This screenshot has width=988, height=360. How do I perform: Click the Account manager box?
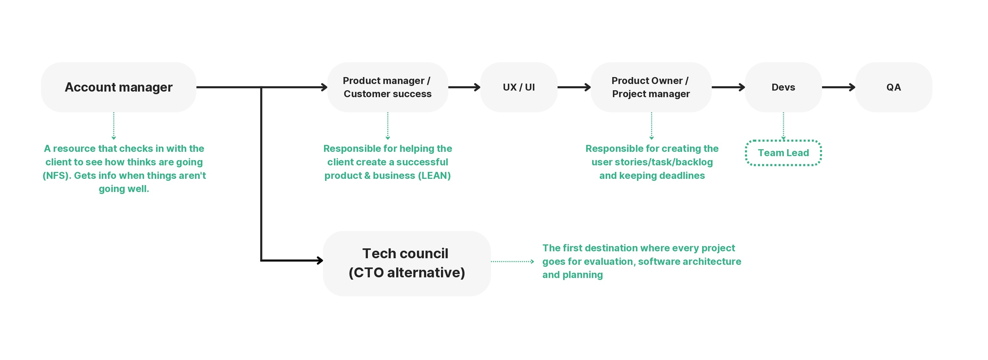(119, 87)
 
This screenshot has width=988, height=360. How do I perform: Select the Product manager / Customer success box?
(387, 87)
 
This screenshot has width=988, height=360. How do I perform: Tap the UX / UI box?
(519, 87)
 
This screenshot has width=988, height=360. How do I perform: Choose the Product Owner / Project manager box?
(651, 87)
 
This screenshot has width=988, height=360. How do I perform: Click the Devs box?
(783, 87)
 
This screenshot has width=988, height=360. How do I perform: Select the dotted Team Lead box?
(783, 152)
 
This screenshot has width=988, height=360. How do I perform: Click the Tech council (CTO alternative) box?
(406, 263)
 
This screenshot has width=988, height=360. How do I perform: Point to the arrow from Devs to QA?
(838, 87)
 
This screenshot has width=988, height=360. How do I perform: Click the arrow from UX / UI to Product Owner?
(574, 87)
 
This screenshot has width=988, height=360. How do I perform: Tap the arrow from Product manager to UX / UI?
(464, 87)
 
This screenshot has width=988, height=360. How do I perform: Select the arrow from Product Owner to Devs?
(728, 87)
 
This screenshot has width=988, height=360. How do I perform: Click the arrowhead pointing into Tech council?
(319, 261)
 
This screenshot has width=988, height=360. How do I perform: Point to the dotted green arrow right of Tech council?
(512, 262)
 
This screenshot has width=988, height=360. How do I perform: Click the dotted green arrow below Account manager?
(114, 126)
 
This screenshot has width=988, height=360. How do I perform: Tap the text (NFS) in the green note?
(56, 176)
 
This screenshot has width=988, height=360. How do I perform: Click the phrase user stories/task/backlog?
(652, 162)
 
